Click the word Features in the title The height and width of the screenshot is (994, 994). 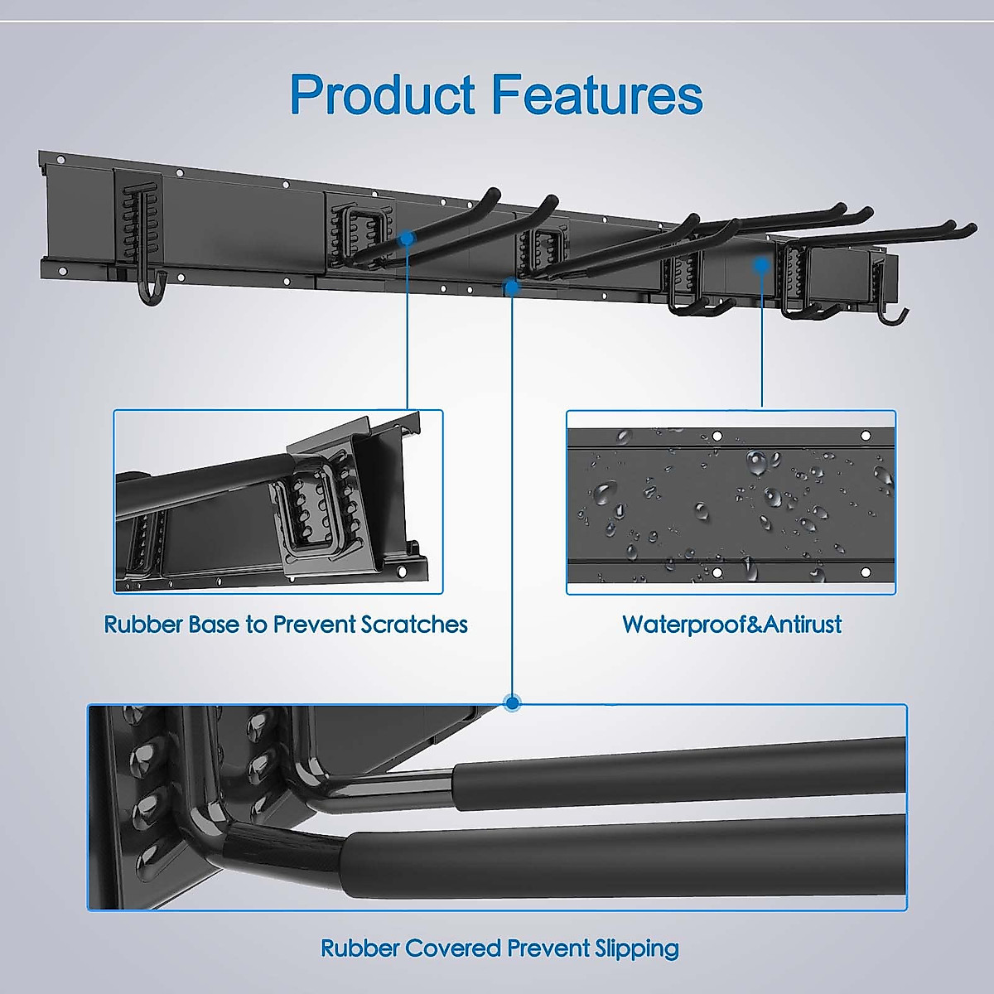coord(597,94)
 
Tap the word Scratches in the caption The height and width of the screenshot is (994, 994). coord(414,624)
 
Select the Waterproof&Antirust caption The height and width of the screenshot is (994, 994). coord(731,624)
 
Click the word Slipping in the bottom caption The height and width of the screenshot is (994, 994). coord(636,948)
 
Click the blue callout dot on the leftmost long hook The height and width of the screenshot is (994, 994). coord(407,238)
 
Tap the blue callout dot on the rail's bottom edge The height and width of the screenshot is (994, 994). coord(512,287)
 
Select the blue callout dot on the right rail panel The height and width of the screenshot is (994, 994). coord(760,264)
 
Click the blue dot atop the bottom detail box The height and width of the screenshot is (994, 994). coord(513,703)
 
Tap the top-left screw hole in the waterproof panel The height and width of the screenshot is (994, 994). coord(717,436)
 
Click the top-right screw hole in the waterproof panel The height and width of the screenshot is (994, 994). coord(866,436)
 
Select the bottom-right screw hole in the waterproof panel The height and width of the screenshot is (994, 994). coord(866,572)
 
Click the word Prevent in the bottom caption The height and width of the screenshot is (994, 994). coord(548,948)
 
